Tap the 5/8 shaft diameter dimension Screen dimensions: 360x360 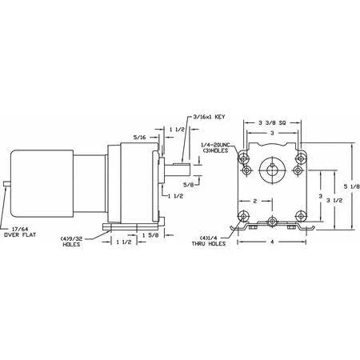tap(190, 183)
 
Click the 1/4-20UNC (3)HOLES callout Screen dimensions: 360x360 tap(218, 150)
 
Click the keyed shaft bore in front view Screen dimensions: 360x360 tap(273, 170)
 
